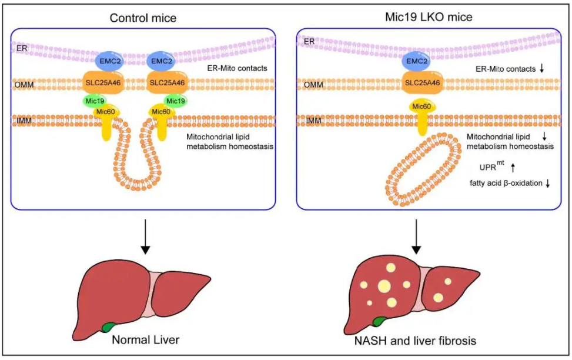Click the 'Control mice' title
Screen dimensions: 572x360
pyautogui.click(x=143, y=18)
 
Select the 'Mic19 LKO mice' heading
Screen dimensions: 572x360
pyautogui.click(x=429, y=17)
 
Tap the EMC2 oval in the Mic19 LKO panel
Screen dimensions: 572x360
pyautogui.click(x=416, y=61)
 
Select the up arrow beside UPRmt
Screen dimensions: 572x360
pyautogui.click(x=513, y=168)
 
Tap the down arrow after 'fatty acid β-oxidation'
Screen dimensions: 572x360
pyautogui.click(x=547, y=184)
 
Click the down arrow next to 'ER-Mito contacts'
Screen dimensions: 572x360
pyautogui.click(x=541, y=68)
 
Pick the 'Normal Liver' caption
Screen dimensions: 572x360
pyautogui.click(x=146, y=340)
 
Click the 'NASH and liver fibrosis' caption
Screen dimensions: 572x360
pyautogui.click(x=415, y=341)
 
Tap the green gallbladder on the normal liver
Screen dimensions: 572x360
pyautogui.click(x=108, y=327)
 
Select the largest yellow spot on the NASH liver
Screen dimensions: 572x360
pyautogui.click(x=384, y=286)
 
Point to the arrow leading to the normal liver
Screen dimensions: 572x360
pyautogui.click(x=146, y=236)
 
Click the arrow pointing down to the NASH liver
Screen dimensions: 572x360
pyautogui.click(x=416, y=236)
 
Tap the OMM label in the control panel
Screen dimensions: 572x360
pyautogui.click(x=24, y=85)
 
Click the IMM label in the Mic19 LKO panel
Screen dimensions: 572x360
pyautogui.click(x=314, y=121)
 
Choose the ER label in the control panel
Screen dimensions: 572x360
pyautogui.click(x=22, y=48)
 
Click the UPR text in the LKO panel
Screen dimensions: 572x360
pyautogui.click(x=488, y=168)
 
